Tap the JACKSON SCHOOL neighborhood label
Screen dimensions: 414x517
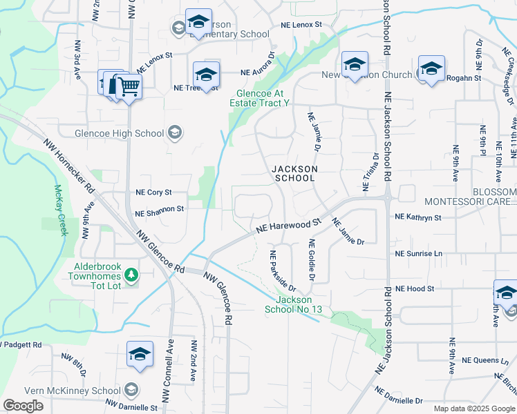[294, 173]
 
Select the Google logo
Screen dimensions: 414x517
[23, 406]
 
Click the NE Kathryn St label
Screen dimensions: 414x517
[417, 217]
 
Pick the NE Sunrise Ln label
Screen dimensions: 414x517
[417, 253]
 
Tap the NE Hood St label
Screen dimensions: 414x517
[415, 288]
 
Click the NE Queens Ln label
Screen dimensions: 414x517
[485, 360]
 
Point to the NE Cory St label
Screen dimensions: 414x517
[153, 193]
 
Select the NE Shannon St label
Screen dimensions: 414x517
[160, 208]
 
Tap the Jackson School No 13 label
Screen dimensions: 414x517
[299, 304]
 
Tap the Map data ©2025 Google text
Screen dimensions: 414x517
[473, 408]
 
